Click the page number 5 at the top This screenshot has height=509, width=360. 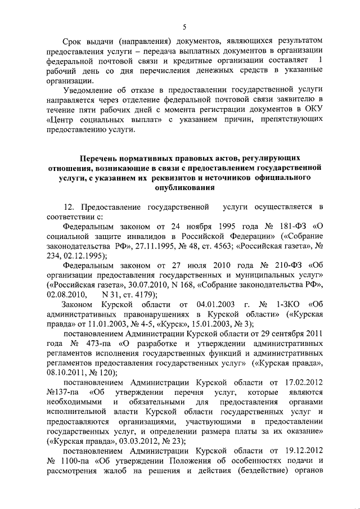(x=184, y=27)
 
